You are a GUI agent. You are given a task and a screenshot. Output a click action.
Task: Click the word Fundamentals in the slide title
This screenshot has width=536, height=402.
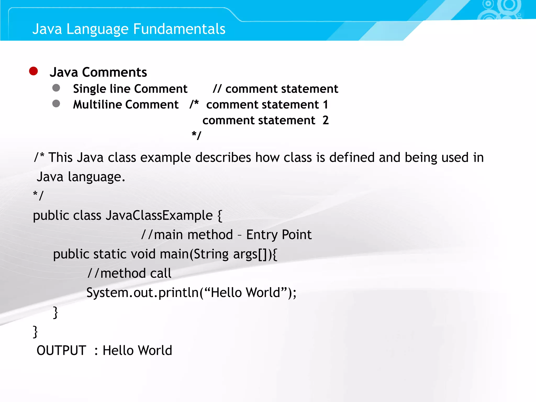[x=179, y=29]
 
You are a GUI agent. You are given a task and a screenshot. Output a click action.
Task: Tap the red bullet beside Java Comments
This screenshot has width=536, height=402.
[x=33, y=71]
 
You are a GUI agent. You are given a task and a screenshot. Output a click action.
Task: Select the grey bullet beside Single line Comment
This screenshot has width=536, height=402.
[x=56, y=88]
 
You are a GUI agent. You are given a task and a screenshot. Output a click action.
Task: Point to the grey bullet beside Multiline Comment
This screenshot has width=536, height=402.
[x=56, y=104]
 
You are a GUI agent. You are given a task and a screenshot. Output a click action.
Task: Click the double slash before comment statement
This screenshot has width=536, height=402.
[x=217, y=89]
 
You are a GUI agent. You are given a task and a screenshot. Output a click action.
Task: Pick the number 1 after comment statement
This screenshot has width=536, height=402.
[x=325, y=105]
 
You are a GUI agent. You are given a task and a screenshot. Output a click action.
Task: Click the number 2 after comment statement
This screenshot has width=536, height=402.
[x=326, y=120]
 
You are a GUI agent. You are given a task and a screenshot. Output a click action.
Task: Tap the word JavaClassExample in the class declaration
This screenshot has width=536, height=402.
[x=159, y=216]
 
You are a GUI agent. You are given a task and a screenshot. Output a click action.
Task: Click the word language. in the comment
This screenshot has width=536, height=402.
[x=97, y=177]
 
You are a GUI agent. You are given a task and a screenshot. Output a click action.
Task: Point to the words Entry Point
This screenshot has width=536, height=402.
[x=279, y=234]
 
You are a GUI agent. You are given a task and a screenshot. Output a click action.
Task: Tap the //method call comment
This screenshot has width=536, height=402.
[x=130, y=273]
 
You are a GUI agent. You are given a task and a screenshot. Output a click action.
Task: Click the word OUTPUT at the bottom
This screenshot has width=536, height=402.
[x=61, y=350]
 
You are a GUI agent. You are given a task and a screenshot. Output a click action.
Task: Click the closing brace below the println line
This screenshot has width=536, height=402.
[x=55, y=312]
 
